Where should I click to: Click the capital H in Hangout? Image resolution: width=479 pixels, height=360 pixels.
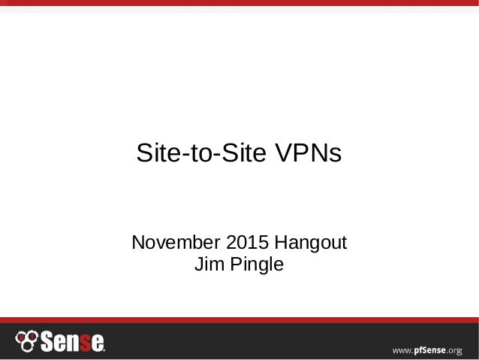[279, 244]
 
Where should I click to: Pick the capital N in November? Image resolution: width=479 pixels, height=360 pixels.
[139, 244]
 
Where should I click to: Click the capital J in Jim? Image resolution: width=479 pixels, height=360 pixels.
[199, 265]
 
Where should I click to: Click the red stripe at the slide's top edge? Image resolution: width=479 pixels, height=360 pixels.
[239, 3]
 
